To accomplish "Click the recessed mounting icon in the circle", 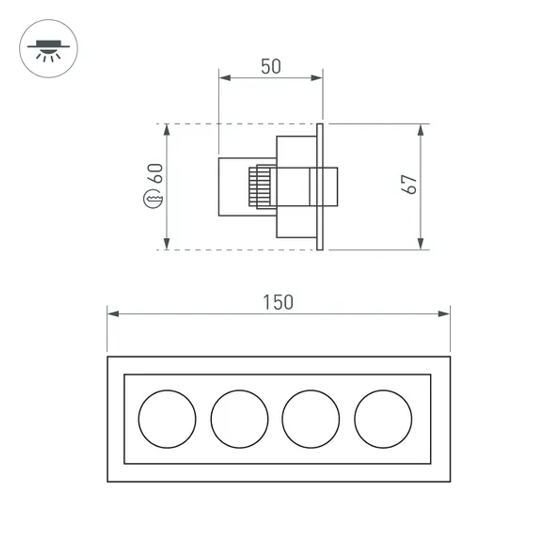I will [x=48, y=48].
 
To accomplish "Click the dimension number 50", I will [x=271, y=66].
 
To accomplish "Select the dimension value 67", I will [x=409, y=184].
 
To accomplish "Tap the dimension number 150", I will [x=278, y=302].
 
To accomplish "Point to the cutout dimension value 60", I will [x=156, y=174].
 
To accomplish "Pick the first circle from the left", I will [x=167, y=419].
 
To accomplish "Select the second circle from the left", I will [x=239, y=419].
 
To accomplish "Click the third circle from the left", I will [x=311, y=419].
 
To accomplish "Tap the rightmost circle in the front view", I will [x=383, y=419].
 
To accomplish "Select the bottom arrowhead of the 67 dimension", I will [x=420, y=244].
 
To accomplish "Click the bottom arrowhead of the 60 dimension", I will [x=167, y=244].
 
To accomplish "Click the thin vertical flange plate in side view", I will [x=320, y=187].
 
